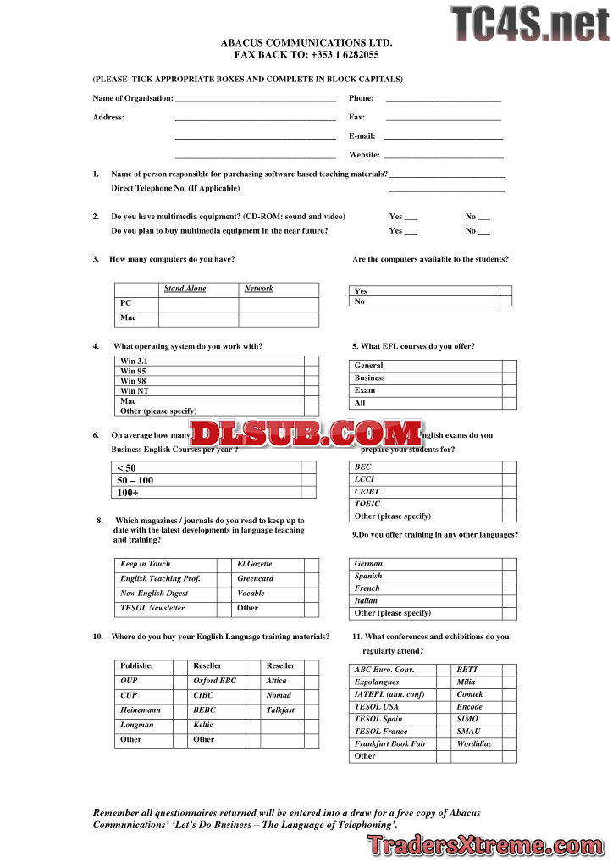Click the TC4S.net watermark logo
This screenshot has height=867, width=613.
click(530, 24)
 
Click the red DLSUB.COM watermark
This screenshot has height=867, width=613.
click(306, 433)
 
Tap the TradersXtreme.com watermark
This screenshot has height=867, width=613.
click(485, 844)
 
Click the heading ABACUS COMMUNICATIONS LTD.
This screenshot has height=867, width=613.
click(306, 42)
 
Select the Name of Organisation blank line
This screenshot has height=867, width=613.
click(255, 101)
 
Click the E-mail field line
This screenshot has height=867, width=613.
click(443, 137)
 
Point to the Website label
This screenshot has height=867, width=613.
click(364, 155)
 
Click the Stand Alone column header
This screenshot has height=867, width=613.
click(185, 289)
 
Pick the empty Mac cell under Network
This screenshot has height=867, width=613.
click(279, 319)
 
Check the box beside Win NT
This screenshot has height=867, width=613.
click(312, 391)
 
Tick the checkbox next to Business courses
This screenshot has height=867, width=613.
click(509, 378)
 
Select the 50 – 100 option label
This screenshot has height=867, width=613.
click(135, 480)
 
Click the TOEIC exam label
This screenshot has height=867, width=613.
click(367, 504)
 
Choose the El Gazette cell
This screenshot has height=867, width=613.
click(255, 564)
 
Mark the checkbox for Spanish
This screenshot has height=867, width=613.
click(509, 576)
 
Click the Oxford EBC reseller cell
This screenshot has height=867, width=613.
click(215, 681)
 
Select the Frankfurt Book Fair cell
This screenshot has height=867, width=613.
click(390, 743)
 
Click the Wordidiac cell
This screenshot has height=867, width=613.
click(474, 743)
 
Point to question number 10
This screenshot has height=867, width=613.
click(98, 637)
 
